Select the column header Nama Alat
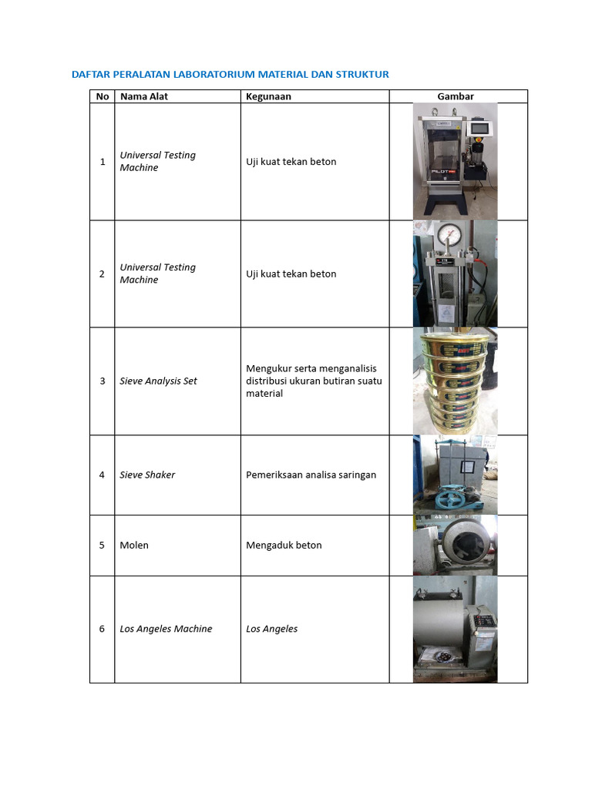click(x=143, y=96)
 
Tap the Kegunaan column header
click(x=268, y=96)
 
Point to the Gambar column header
click(x=455, y=96)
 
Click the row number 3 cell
click(x=103, y=381)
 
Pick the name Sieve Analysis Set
click(x=158, y=381)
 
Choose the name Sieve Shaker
click(x=147, y=475)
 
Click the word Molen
click(x=134, y=545)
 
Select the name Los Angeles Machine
click(x=166, y=629)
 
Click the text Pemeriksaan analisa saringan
click(x=311, y=475)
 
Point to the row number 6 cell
click(x=103, y=629)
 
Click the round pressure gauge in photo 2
click(x=446, y=235)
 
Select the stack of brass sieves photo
click(x=455, y=381)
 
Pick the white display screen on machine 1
click(x=481, y=128)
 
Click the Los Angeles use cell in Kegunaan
click(x=271, y=629)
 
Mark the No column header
click(x=103, y=96)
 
